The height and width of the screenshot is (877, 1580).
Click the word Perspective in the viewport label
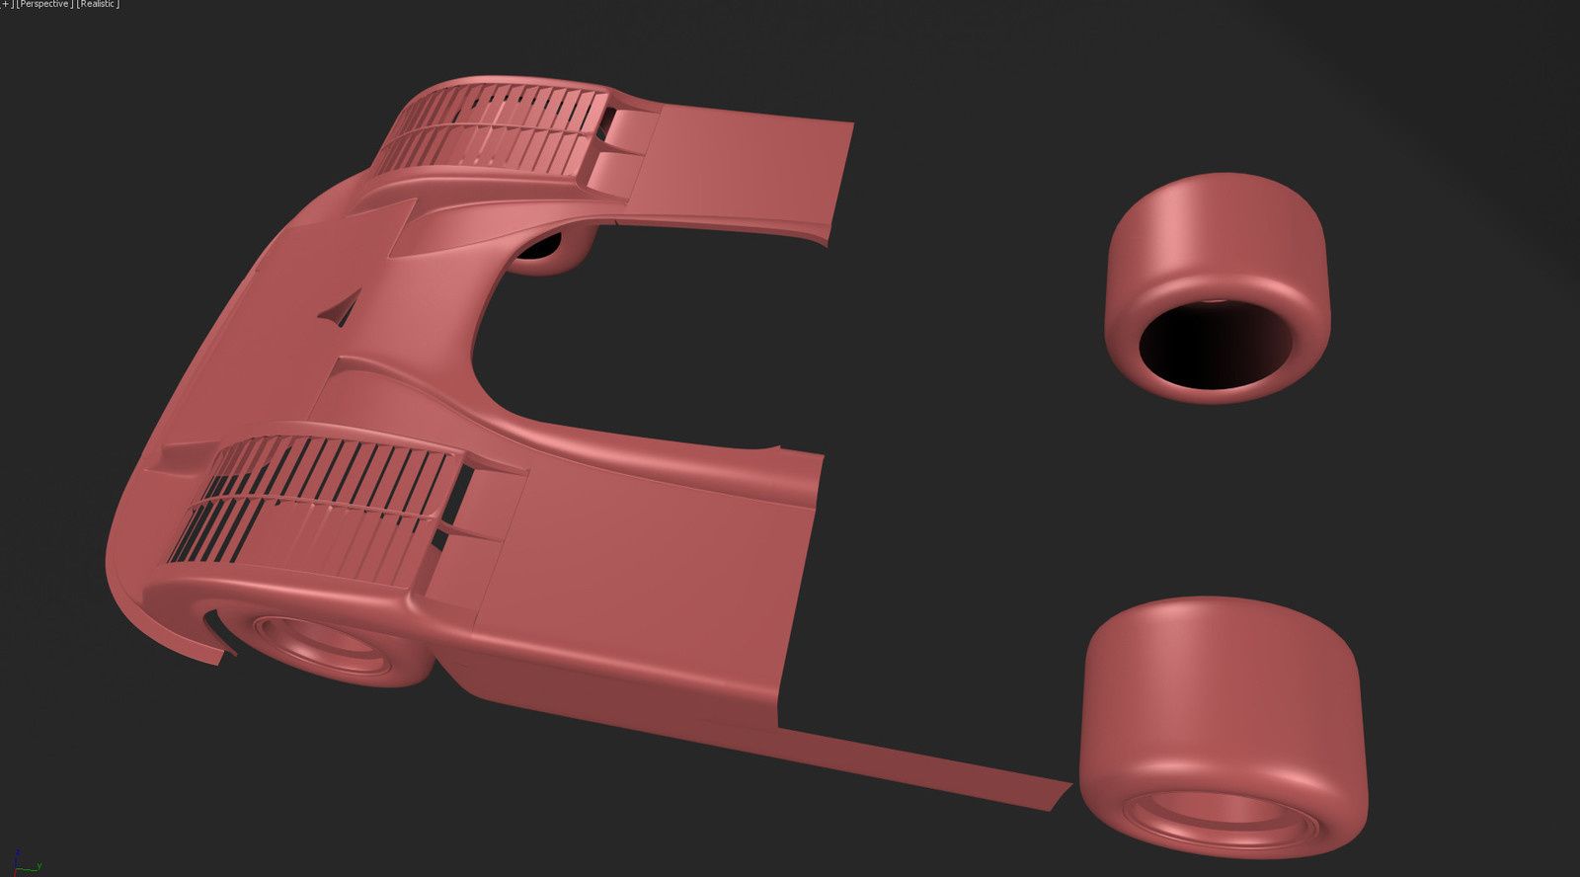44,4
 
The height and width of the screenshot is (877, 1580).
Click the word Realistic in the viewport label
98,4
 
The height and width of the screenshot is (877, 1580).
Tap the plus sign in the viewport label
6,4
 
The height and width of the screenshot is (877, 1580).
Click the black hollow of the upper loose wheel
1216,345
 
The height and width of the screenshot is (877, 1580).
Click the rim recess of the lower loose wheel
1221,819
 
